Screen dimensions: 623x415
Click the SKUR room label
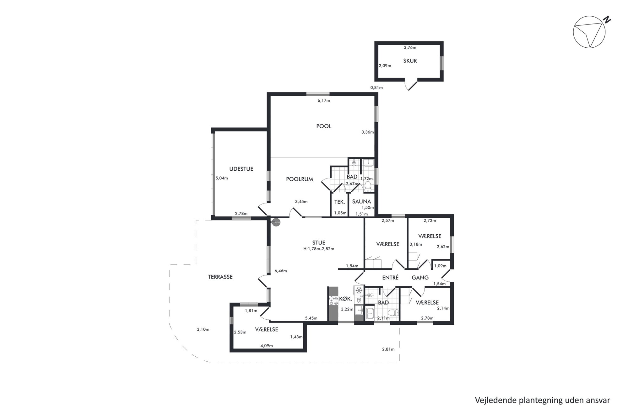coord(410,61)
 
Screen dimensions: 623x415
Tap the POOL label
coord(324,126)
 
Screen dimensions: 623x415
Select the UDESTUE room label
coord(241,169)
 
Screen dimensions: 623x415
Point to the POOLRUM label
coord(300,179)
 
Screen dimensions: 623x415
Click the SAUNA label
coord(361,202)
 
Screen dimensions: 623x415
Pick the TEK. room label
coord(340,202)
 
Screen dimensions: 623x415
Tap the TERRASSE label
coord(220,277)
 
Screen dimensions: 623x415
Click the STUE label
coord(319,243)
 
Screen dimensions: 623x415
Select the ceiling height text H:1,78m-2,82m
coord(319,249)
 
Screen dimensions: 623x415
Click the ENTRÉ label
coord(390,278)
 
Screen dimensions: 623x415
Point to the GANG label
coord(420,278)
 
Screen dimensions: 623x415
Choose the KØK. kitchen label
coord(345,299)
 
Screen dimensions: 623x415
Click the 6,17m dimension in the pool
coord(324,101)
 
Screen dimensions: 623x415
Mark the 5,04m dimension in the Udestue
coord(222,178)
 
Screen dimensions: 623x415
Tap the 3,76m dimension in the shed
coord(410,48)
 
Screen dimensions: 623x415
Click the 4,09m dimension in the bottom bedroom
coord(267,346)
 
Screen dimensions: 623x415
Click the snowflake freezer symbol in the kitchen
coord(359,290)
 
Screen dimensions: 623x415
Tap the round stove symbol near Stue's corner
coord(276,222)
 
